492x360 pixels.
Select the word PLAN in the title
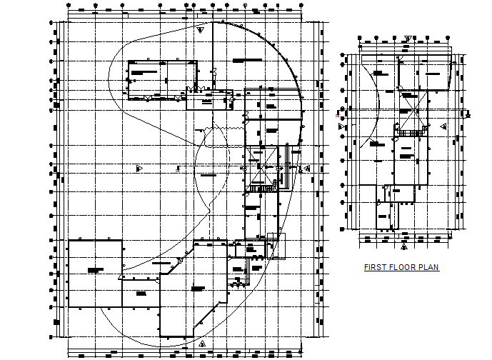coord(428,268)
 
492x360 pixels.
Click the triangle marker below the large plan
coord(202,344)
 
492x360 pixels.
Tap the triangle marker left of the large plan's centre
coord(139,168)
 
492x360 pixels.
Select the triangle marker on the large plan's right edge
coord(307,169)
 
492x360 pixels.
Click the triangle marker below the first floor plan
coord(403,246)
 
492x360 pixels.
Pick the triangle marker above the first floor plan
coord(407,39)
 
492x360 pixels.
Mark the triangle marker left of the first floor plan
coord(342,126)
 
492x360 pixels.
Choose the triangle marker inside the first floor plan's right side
coord(444,126)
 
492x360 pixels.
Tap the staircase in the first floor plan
coord(410,132)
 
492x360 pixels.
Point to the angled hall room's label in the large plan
coord(198,288)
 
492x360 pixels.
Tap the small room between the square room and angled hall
coord(140,293)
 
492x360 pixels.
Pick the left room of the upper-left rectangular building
coord(146,77)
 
